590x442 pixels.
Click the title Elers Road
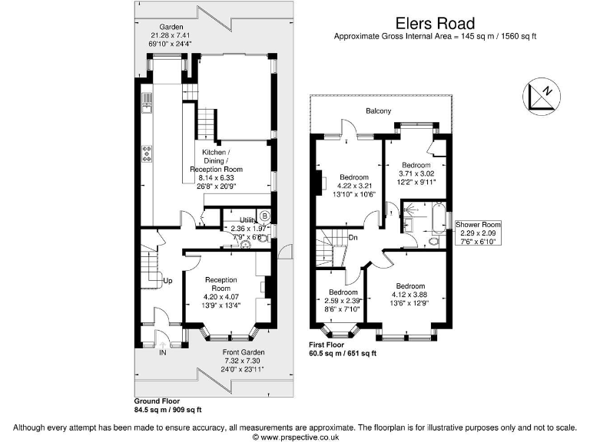(435, 24)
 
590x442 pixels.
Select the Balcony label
(378, 111)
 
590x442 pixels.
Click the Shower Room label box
(477, 233)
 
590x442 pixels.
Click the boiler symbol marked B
(263, 216)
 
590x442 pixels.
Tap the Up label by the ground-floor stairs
(167, 281)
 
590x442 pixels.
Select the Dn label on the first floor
(353, 237)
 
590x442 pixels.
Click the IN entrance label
(162, 353)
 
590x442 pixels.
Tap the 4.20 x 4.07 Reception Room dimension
(220, 296)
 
